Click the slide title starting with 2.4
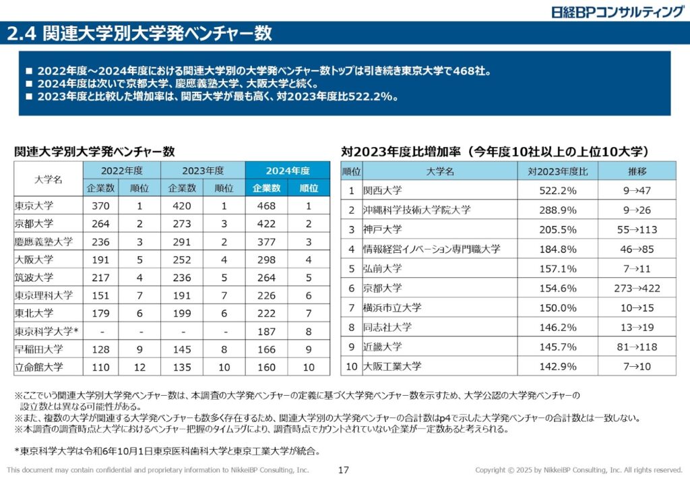(x=139, y=34)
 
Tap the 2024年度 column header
(x=288, y=171)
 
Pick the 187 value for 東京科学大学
(x=267, y=332)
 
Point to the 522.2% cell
(x=558, y=191)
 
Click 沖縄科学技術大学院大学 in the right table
(x=416, y=210)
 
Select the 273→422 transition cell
(x=637, y=289)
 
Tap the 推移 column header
(x=637, y=171)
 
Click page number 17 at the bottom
(x=344, y=470)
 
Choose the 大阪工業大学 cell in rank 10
(x=392, y=367)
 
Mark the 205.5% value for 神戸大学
(x=558, y=230)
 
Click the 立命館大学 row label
(x=39, y=367)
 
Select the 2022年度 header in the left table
(x=122, y=171)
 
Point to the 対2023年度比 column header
(x=558, y=171)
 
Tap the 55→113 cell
(x=637, y=230)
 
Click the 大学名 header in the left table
(x=49, y=179)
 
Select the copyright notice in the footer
(x=578, y=470)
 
